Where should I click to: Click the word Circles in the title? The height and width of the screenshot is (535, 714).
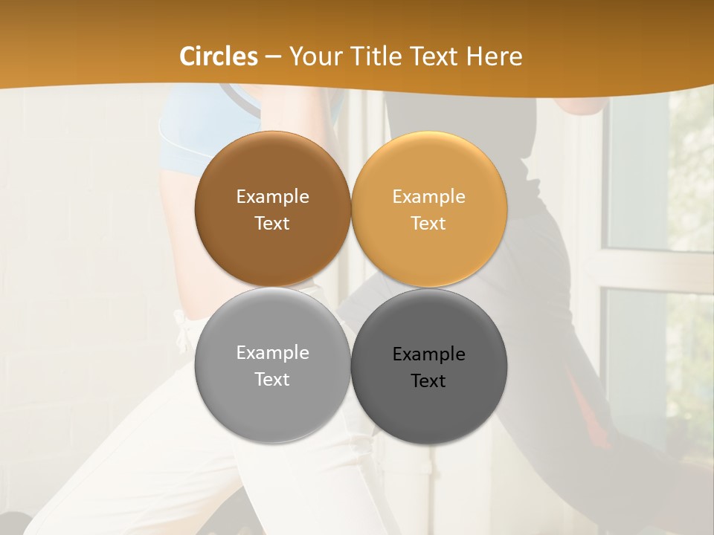(x=219, y=56)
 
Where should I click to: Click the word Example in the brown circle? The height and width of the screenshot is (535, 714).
(x=272, y=197)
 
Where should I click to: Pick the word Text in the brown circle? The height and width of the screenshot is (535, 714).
(x=272, y=224)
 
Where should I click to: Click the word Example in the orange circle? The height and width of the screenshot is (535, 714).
(x=428, y=197)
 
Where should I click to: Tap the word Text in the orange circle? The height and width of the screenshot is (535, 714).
(x=428, y=224)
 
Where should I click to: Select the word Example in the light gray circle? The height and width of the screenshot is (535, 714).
(x=272, y=353)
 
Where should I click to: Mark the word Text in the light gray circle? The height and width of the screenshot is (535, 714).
(x=272, y=380)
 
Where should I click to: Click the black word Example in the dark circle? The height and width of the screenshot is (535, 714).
(x=428, y=354)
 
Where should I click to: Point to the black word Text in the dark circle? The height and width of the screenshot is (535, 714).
(x=428, y=381)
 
